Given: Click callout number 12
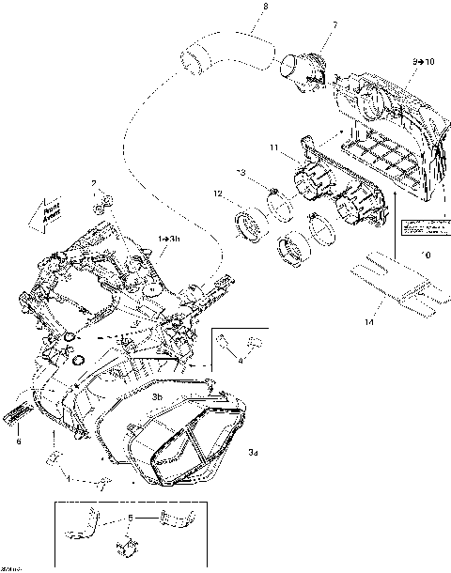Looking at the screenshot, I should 217,195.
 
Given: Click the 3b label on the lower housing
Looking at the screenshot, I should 159,397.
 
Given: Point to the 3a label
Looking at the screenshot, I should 254,454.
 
